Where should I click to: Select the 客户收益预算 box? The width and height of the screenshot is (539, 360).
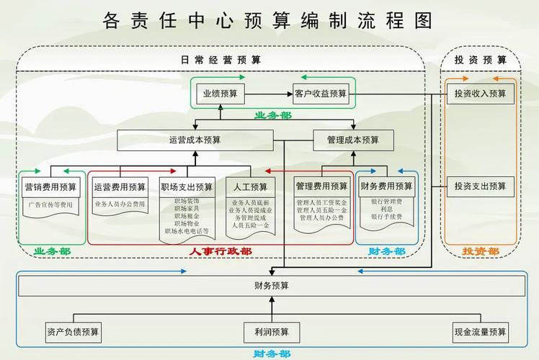[x=321, y=93]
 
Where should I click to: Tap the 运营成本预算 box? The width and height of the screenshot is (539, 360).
[x=195, y=140]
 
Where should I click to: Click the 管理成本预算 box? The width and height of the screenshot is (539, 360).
[x=352, y=140]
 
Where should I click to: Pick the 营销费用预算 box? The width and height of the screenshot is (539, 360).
[x=50, y=186]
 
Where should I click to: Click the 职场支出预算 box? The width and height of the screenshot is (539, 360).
[x=187, y=186]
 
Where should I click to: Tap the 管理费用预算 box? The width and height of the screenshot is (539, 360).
[x=321, y=186]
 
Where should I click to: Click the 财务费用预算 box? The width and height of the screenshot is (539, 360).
[x=386, y=186]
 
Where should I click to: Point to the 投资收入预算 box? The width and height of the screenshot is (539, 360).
[x=480, y=93]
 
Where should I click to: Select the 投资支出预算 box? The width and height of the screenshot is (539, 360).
[x=480, y=186]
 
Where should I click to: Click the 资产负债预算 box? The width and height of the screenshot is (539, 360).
[x=73, y=333]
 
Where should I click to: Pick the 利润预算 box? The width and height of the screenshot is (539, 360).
[x=271, y=333]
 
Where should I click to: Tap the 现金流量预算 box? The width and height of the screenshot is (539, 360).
[x=480, y=333]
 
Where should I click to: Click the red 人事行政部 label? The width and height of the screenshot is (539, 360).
[x=220, y=251]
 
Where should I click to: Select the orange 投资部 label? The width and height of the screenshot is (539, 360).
[x=480, y=251]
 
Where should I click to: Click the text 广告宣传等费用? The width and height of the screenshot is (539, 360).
[x=50, y=204]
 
